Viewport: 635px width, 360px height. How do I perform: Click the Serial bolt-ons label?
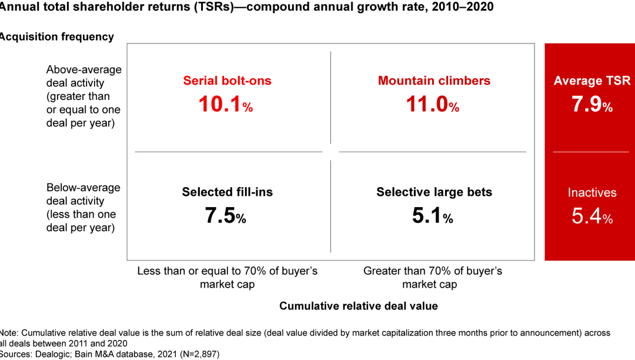click(227, 81)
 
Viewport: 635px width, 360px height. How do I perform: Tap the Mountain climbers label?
click(434, 81)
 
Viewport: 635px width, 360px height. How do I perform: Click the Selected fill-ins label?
click(227, 192)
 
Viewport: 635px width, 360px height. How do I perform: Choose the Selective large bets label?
click(434, 192)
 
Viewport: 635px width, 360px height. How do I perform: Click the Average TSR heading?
click(591, 81)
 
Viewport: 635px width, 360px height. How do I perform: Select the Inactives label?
click(591, 192)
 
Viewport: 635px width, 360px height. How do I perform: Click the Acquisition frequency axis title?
click(57, 36)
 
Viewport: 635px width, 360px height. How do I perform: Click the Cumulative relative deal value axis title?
click(359, 306)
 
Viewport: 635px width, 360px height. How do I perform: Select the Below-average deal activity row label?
click(83, 208)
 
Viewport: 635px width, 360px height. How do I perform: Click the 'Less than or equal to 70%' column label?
click(227, 278)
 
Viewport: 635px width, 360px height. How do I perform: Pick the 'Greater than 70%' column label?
click(433, 278)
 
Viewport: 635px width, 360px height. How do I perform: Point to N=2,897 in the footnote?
click(193, 354)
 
